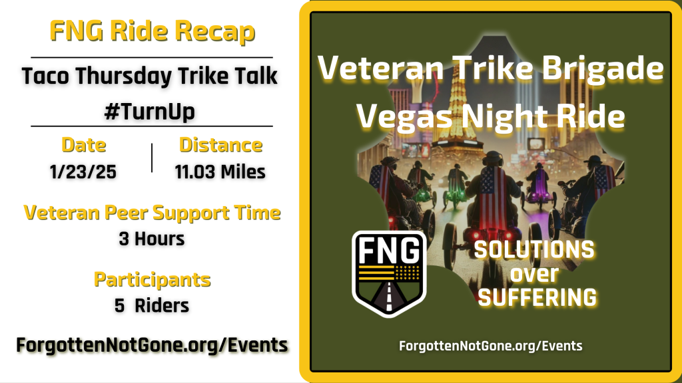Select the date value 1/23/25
[84, 172]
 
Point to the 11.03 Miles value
[220, 172]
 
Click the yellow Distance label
[220, 145]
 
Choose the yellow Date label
[84, 145]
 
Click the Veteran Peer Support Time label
[152, 213]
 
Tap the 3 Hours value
[152, 238]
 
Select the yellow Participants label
[152, 279]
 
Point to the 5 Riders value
[152, 305]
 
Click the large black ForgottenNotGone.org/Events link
[152, 345]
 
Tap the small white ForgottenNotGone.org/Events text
[490, 346]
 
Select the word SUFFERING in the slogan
[537, 297]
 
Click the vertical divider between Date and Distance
[153, 158]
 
